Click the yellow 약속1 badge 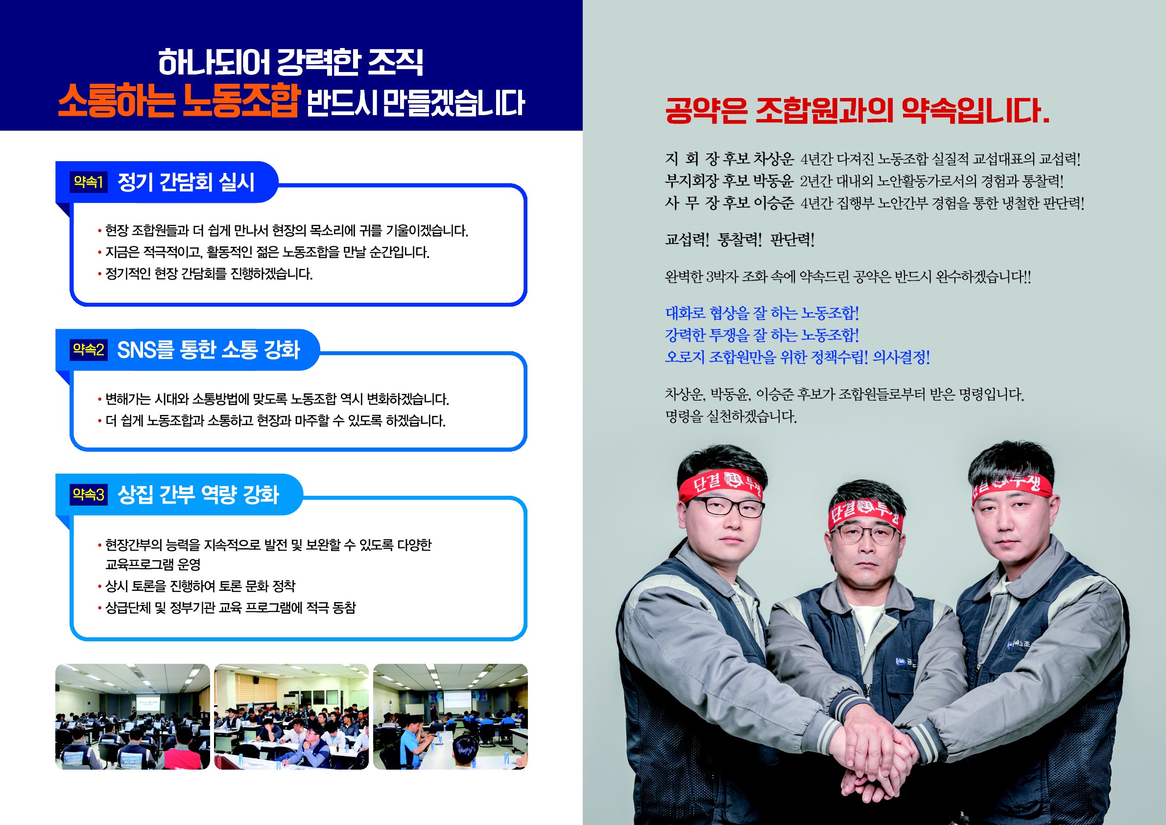[88, 182]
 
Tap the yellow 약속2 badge [88, 349]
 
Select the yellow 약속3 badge [88, 494]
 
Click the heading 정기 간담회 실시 [186, 182]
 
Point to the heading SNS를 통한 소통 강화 [208, 349]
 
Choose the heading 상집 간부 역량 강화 [198, 494]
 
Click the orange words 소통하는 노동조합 [179, 100]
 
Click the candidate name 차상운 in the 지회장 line [773, 159]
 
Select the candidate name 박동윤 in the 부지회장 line [773, 181]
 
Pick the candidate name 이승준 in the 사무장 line [773, 203]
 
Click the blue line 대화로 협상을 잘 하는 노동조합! [762, 313]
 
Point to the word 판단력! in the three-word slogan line [792, 239]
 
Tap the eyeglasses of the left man [727, 507]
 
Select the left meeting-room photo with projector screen [133, 716]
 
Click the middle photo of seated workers [291, 716]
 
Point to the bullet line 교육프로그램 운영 [153, 564]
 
